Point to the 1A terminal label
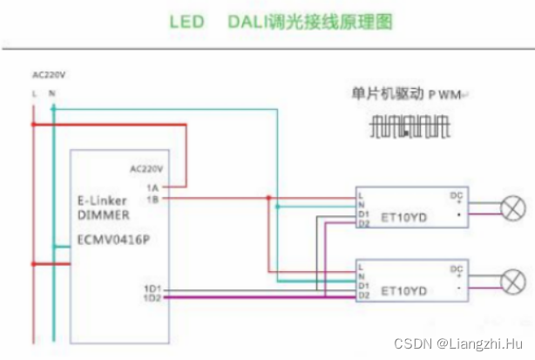tap(152, 187)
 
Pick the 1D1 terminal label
tap(152, 289)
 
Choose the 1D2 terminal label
tap(152, 298)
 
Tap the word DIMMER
tap(98, 215)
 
